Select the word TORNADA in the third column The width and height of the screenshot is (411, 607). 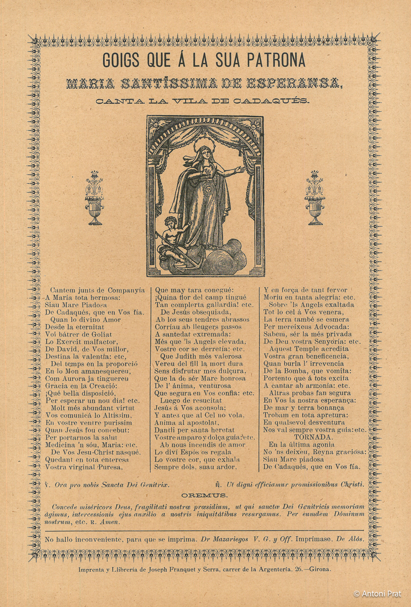click(x=313, y=437)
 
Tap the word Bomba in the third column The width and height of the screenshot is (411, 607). click(x=297, y=371)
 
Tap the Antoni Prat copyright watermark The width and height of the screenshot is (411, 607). click(x=377, y=593)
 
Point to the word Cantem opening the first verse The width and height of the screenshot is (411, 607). click(x=64, y=290)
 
